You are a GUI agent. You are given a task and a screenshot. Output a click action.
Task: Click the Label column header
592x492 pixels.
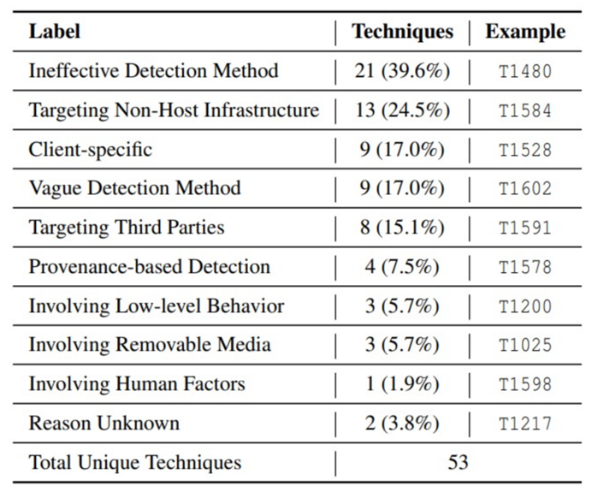[x=55, y=31]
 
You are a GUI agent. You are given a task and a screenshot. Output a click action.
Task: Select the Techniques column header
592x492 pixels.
[x=402, y=32]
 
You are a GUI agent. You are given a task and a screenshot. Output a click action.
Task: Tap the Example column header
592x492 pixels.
[x=525, y=32]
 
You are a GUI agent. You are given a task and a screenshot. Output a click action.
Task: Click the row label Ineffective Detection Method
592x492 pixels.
[x=154, y=71]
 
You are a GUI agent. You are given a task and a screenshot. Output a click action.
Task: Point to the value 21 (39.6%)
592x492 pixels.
[x=402, y=71]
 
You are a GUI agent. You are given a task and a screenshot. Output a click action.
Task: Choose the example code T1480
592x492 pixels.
[x=525, y=71]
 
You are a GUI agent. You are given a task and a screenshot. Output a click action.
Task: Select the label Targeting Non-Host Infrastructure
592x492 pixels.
[x=174, y=110]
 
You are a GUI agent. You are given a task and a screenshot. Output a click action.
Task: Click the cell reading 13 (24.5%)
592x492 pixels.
[x=402, y=110]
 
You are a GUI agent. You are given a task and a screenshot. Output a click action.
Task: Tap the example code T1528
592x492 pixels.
[x=525, y=150]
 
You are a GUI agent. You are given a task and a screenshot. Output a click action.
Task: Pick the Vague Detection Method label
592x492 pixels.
[x=135, y=188]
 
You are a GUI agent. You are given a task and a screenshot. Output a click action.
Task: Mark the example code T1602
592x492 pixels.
[x=525, y=189]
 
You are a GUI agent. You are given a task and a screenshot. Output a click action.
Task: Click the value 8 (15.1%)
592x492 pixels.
[x=402, y=228]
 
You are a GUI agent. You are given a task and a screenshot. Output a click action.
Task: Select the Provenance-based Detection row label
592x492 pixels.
[x=150, y=267]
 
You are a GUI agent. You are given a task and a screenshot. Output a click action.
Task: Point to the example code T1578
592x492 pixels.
[x=525, y=267]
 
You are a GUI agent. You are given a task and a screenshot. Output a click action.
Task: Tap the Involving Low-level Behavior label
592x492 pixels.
[x=157, y=305]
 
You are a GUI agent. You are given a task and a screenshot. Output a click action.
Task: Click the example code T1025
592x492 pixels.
[x=525, y=345]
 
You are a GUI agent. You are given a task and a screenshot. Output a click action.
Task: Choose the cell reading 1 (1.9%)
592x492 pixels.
[x=402, y=384]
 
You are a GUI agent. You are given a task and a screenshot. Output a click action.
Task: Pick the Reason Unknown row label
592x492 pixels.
[x=104, y=423]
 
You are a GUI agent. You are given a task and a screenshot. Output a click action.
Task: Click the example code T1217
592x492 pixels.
[x=525, y=424]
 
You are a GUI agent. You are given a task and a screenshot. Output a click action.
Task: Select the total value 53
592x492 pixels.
[x=458, y=462]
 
